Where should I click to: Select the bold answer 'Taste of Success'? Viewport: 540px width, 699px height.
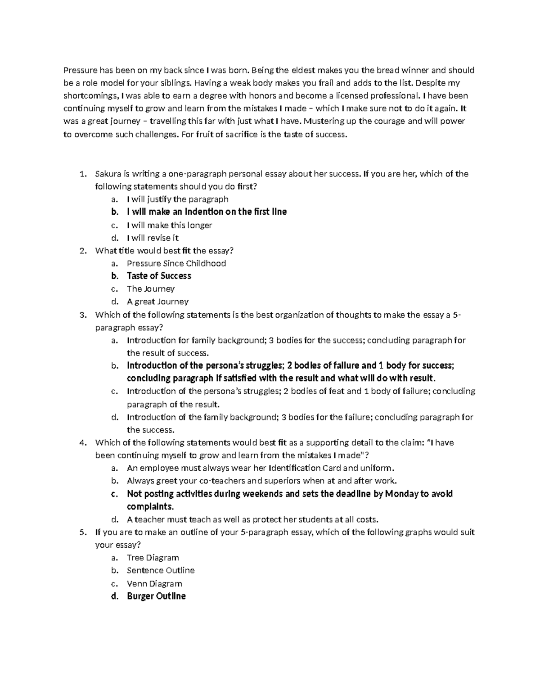[x=159, y=276]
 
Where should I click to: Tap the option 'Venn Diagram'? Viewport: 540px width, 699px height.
[x=154, y=584]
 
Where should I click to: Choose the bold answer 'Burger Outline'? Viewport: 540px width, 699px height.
[x=156, y=596]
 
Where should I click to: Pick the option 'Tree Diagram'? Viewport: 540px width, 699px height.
[x=153, y=558]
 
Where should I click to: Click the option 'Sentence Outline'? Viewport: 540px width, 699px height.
[x=161, y=570]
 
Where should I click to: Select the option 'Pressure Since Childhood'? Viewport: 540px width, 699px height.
[x=176, y=263]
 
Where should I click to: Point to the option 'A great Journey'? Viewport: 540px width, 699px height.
[x=157, y=302]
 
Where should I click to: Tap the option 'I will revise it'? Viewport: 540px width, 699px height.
[x=153, y=238]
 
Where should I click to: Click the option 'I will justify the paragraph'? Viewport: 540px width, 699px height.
[x=178, y=199]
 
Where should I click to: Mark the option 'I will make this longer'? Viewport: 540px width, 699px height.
[x=170, y=225]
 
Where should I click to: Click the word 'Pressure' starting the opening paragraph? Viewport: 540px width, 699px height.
[x=79, y=70]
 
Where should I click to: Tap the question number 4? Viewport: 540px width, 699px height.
[x=82, y=442]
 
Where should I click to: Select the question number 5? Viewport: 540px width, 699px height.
[x=82, y=532]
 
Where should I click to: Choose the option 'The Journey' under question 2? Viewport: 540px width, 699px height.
[x=151, y=289]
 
